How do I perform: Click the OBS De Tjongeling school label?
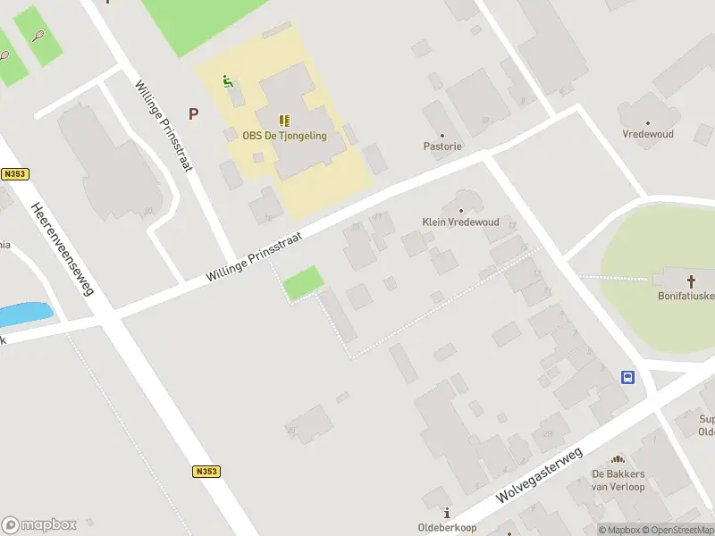click(x=284, y=136)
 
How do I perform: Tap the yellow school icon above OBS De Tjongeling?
click(x=284, y=121)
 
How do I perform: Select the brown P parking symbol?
click(x=193, y=113)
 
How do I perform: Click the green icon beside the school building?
click(x=228, y=82)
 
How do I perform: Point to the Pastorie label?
click(x=442, y=146)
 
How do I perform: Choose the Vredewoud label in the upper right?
click(x=648, y=134)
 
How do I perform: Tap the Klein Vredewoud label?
click(x=460, y=222)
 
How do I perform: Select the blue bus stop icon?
click(x=628, y=377)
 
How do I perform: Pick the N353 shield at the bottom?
click(x=206, y=471)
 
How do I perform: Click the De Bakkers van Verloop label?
click(x=618, y=481)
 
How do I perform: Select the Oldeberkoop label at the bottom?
click(x=448, y=527)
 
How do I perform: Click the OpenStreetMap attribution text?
click(x=677, y=530)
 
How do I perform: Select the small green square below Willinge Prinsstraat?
click(x=303, y=283)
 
